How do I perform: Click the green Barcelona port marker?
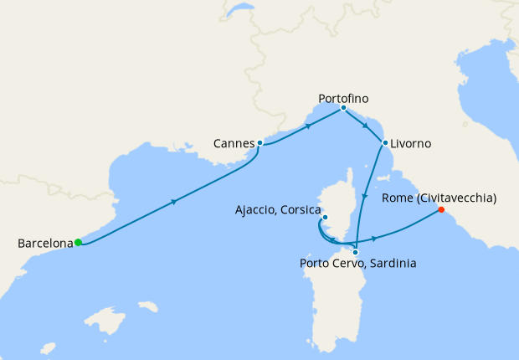(x=78, y=243)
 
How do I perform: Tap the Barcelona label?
(x=45, y=244)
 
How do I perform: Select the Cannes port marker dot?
(x=260, y=143)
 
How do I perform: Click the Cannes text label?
(x=234, y=143)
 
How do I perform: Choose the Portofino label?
(x=343, y=98)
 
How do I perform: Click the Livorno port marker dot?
(x=385, y=143)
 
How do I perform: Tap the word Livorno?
(x=410, y=144)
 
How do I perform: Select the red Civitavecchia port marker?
(x=441, y=211)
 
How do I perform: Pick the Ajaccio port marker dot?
(x=326, y=219)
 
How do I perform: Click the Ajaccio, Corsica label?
(x=277, y=209)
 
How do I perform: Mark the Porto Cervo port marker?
(x=356, y=252)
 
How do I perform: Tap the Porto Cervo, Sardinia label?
(x=357, y=264)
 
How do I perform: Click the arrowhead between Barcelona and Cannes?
(x=174, y=201)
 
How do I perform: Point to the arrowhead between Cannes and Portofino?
(x=309, y=126)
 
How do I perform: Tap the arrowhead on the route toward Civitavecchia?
(x=374, y=239)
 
